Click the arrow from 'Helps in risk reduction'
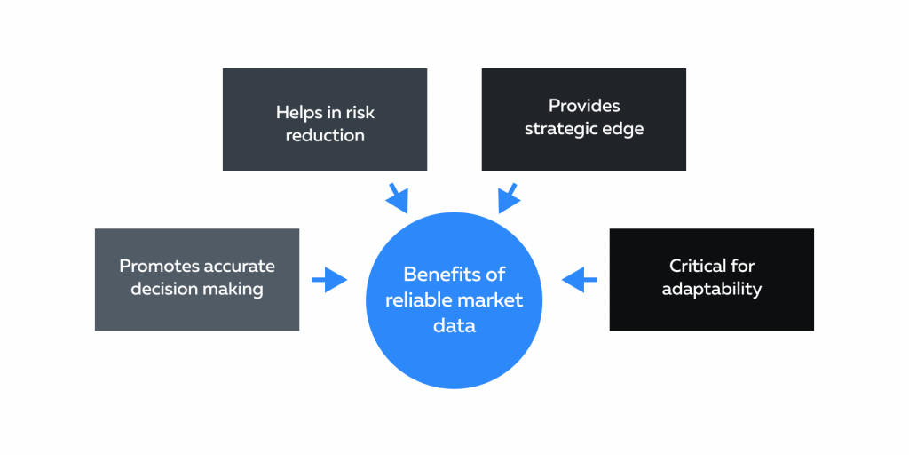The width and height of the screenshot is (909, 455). pyautogui.click(x=395, y=198)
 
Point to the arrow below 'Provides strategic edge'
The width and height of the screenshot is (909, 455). pyautogui.click(x=509, y=198)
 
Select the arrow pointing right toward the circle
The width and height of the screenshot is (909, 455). pyautogui.click(x=329, y=280)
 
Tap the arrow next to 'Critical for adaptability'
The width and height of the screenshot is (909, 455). pyautogui.click(x=579, y=280)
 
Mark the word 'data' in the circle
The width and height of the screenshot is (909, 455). pyautogui.click(x=454, y=326)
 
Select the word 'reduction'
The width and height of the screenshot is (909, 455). pyautogui.click(x=325, y=135)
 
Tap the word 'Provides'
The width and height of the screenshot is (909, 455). pyautogui.click(x=583, y=106)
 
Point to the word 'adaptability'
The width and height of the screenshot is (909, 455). pyautogui.click(x=711, y=289)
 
